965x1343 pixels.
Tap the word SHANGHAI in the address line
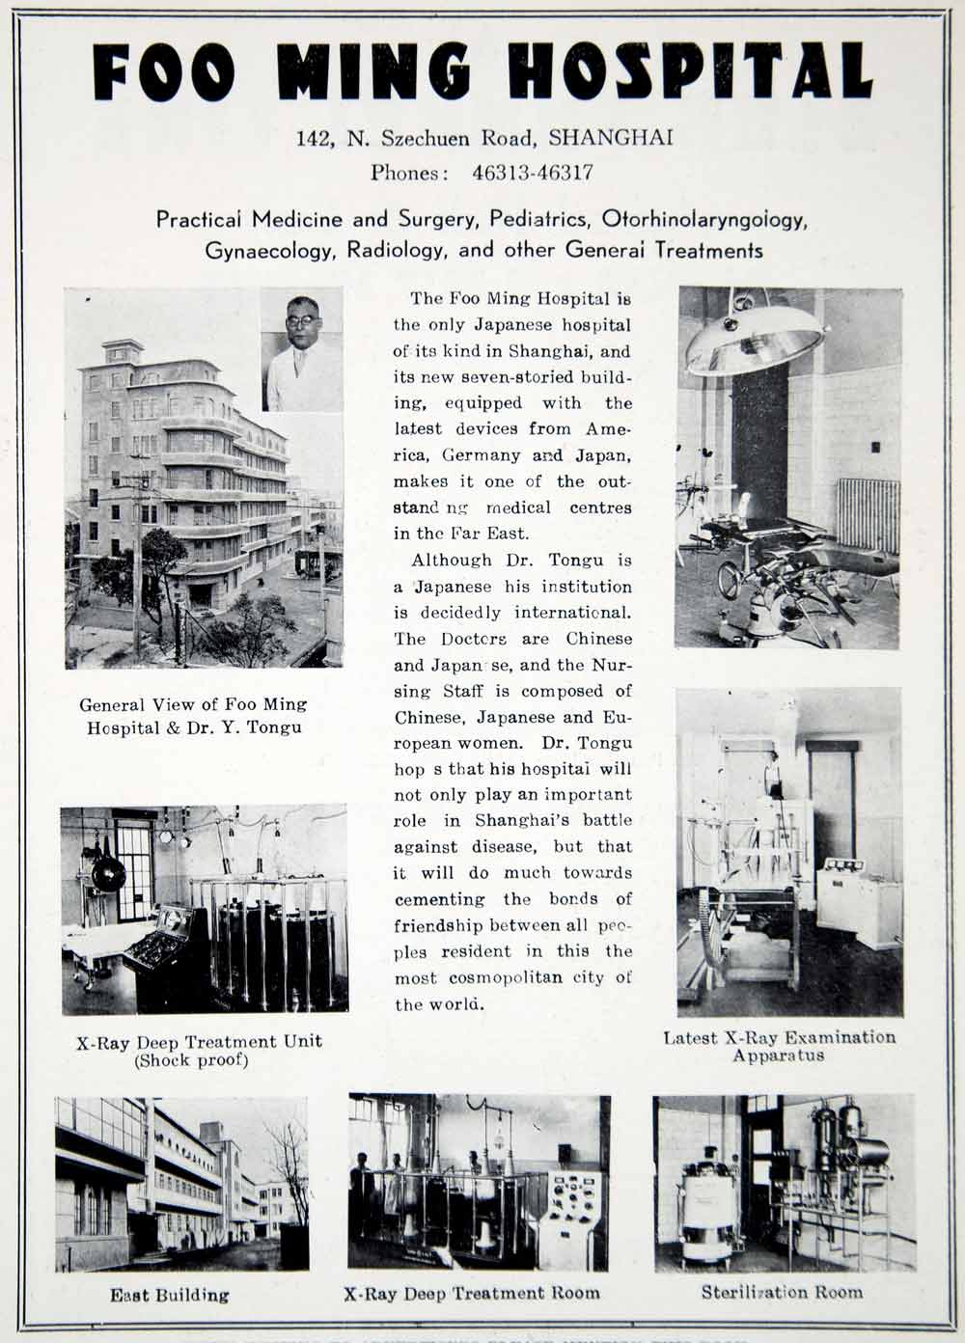[x=610, y=138]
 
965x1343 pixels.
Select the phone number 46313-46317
[x=532, y=174]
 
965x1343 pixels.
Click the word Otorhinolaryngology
[x=703, y=219]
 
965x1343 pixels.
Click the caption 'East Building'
[x=169, y=1295]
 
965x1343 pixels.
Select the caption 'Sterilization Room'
[x=782, y=1292]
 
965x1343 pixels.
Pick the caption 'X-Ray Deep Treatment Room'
[x=471, y=1293]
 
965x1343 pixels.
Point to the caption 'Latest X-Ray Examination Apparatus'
[x=779, y=1046]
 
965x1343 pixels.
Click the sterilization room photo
[x=784, y=1183]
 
